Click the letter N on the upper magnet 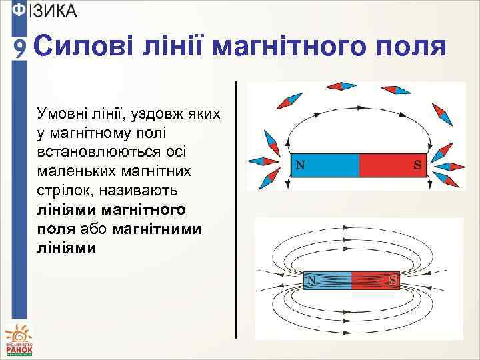click(301, 165)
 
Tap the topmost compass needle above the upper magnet click(341, 86)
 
